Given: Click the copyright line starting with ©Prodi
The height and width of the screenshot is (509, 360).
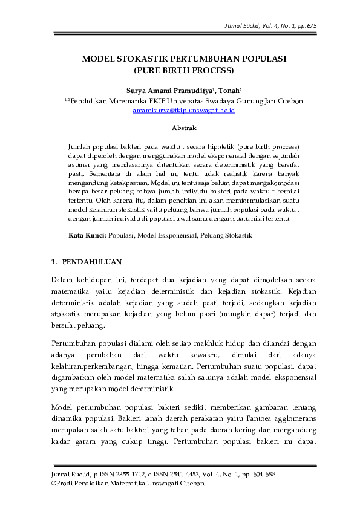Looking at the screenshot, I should point(128,484).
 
